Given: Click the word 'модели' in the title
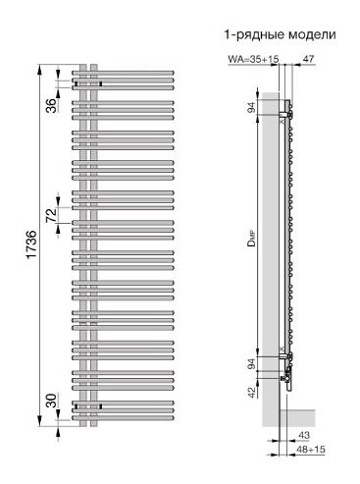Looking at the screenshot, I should click(x=307, y=34).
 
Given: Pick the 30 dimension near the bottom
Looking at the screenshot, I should click(x=49, y=403).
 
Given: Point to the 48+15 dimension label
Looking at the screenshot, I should click(x=305, y=450).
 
